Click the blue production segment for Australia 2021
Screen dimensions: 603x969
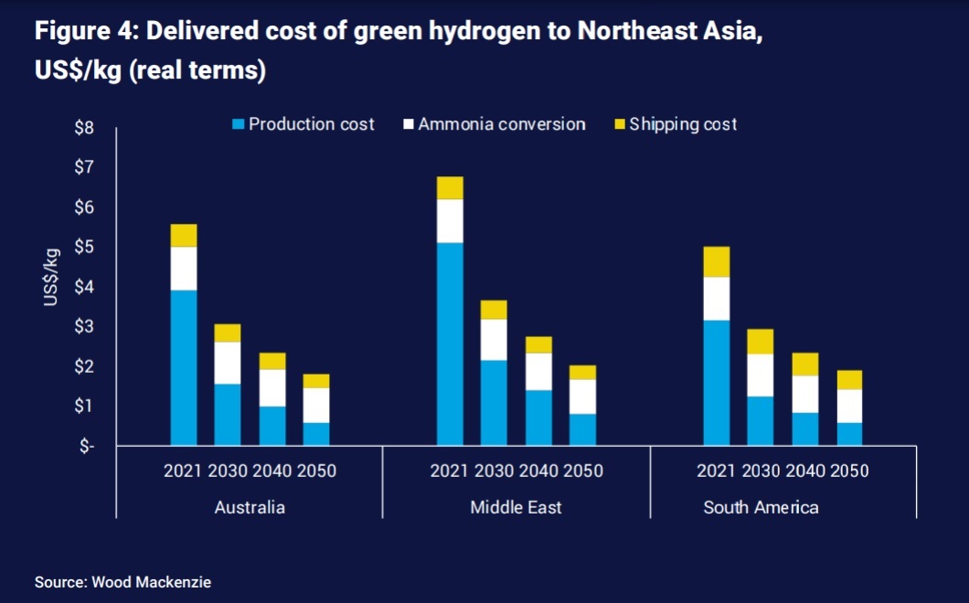184,367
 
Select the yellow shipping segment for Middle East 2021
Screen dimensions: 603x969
450,187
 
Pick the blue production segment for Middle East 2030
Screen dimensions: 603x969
495,402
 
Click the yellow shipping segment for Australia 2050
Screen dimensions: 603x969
316,381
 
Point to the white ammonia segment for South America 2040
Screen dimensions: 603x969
805,394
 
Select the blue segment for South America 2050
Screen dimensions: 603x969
849,434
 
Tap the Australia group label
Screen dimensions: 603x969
250,507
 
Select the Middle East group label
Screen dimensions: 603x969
516,507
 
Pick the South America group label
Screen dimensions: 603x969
761,507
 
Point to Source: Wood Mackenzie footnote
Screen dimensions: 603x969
122,582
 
